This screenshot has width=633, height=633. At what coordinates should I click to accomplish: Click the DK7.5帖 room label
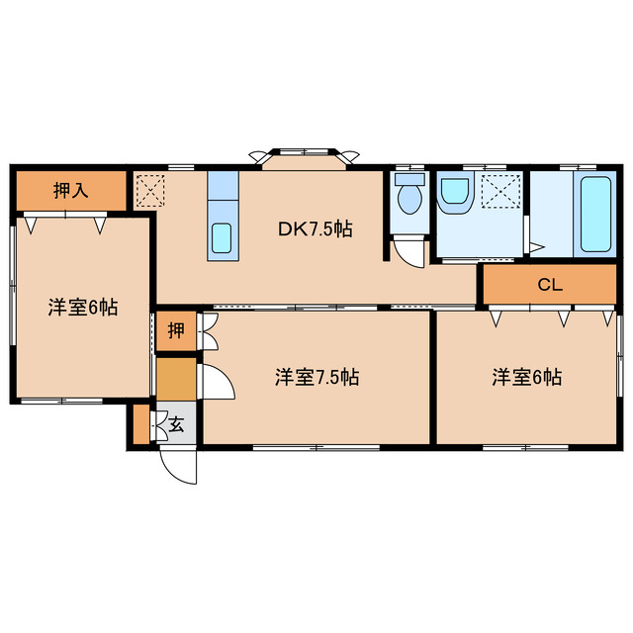pyautogui.click(x=315, y=229)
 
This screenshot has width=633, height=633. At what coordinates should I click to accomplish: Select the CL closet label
pyautogui.click(x=550, y=286)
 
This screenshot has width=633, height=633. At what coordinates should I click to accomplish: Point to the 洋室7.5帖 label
pyautogui.click(x=316, y=377)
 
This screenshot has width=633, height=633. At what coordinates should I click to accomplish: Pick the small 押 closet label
pyautogui.click(x=175, y=331)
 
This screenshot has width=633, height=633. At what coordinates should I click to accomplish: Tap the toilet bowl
pyautogui.click(x=407, y=198)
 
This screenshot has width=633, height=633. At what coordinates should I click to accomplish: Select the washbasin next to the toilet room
pyautogui.click(x=455, y=192)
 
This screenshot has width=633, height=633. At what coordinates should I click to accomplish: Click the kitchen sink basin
pyautogui.click(x=223, y=237)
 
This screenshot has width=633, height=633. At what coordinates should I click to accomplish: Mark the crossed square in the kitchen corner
pyautogui.click(x=150, y=190)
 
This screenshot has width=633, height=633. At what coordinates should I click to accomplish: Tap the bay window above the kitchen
pyautogui.click(x=305, y=158)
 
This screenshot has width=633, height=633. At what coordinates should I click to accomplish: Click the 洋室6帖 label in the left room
pyautogui.click(x=83, y=308)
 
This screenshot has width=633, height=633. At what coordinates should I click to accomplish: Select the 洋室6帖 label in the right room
pyautogui.click(x=528, y=377)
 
